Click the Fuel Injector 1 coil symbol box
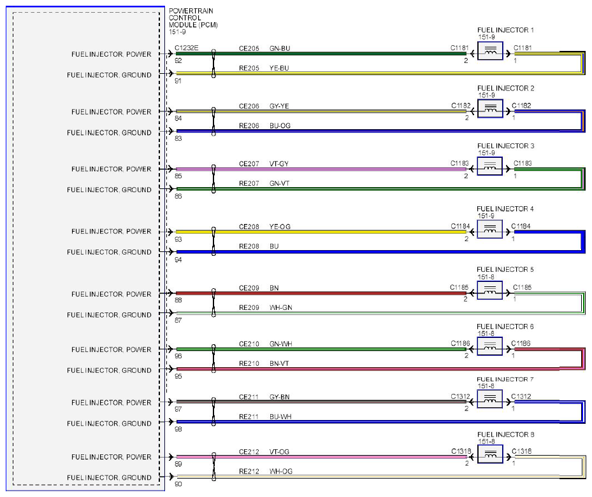click(x=490, y=51)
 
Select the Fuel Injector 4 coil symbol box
click(x=489, y=229)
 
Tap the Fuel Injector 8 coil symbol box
click(x=490, y=454)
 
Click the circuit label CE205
click(x=249, y=48)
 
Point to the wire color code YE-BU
click(x=279, y=68)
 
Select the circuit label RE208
click(x=249, y=246)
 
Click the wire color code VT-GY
click(x=279, y=164)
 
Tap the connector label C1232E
click(x=187, y=48)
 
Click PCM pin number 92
click(x=178, y=60)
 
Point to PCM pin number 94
click(x=178, y=260)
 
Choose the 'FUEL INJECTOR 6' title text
click(x=505, y=326)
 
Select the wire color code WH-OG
click(x=281, y=471)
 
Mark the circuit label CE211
click(x=249, y=396)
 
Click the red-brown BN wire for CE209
click(x=321, y=293)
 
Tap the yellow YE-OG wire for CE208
click(x=321, y=232)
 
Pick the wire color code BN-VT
click(x=279, y=363)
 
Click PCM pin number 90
click(x=178, y=484)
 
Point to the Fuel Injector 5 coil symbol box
click(x=489, y=290)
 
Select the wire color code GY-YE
click(x=279, y=106)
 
